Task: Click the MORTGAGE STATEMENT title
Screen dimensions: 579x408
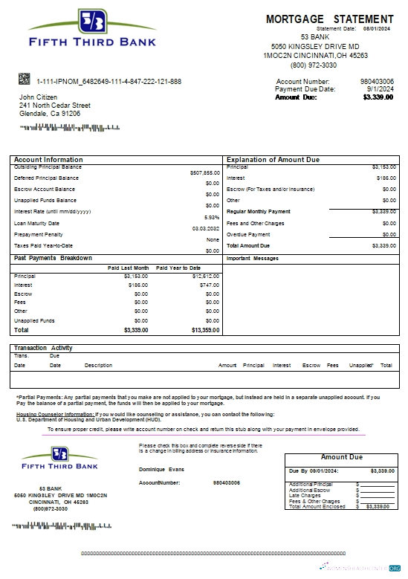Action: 329,19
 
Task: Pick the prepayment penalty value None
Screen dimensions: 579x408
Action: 213,239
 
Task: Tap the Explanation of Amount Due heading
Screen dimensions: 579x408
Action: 273,160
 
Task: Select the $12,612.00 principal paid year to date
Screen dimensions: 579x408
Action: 206,276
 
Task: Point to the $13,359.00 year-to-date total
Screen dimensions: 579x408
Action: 205,329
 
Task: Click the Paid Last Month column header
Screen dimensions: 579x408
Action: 128,268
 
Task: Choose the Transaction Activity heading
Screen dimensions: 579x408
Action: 43,348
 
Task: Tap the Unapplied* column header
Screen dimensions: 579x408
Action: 360,365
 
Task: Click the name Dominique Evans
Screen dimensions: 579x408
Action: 161,469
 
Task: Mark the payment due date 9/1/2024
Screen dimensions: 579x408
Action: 381,89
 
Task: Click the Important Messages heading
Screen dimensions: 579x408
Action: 252,259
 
